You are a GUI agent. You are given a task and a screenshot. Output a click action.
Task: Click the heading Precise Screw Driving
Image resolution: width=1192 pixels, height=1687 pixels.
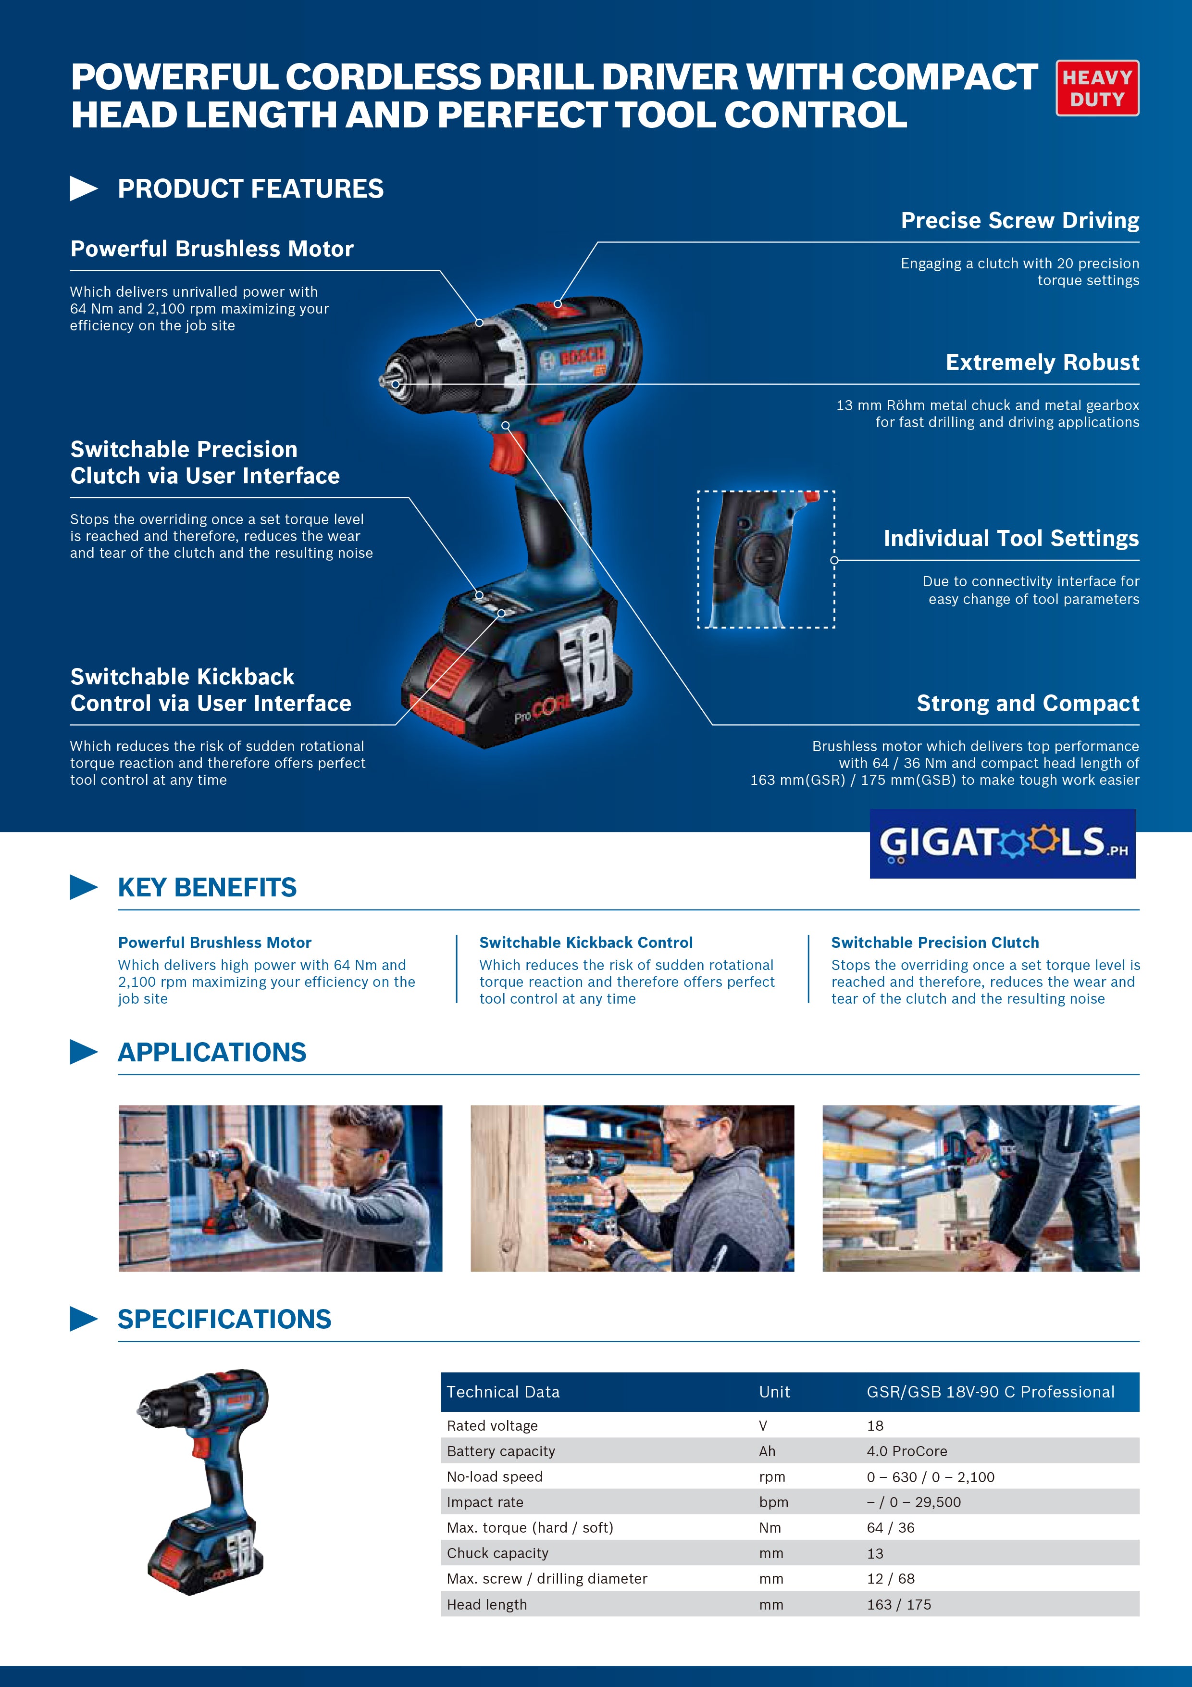pyautogui.click(x=1019, y=220)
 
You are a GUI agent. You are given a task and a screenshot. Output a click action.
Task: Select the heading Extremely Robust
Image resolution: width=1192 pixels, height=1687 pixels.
pyautogui.click(x=1042, y=362)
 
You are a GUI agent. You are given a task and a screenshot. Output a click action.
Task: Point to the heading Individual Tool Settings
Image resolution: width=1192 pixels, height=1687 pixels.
pyautogui.click(x=1011, y=539)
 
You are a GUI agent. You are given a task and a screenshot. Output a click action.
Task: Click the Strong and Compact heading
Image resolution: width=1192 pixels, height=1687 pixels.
pyautogui.click(x=1028, y=703)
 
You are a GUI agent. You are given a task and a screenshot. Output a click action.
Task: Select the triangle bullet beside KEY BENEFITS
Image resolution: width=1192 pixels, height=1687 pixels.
pyautogui.click(x=83, y=887)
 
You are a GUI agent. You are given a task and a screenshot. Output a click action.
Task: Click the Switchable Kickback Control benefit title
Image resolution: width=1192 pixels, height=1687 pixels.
pyautogui.click(x=585, y=943)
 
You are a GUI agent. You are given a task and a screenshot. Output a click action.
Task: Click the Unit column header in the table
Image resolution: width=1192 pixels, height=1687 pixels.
pyautogui.click(x=774, y=1392)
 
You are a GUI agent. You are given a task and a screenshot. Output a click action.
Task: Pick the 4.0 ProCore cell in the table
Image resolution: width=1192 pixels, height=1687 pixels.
pyautogui.click(x=906, y=1451)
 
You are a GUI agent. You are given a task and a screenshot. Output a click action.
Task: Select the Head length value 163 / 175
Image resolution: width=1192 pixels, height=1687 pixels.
pyautogui.click(x=898, y=1605)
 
